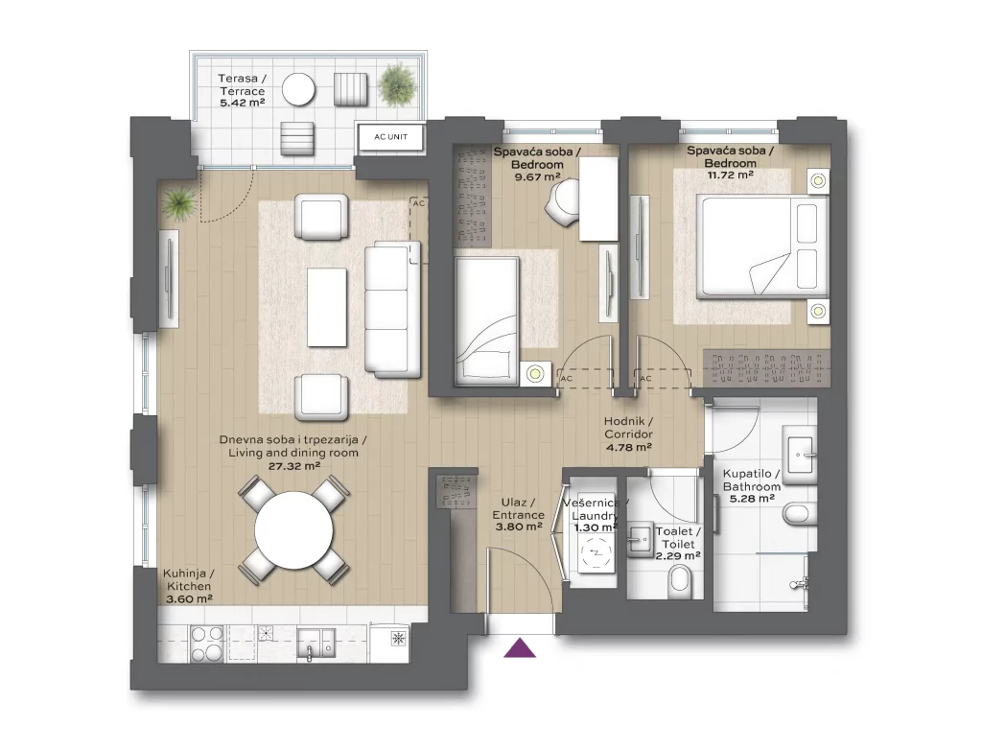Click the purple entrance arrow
tap(520, 648)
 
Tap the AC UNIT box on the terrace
tap(391, 136)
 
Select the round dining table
tap(293, 529)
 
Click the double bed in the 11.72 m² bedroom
tap(764, 245)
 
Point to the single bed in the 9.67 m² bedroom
tap(487, 319)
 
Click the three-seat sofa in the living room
tap(392, 310)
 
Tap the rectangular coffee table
tap(326, 307)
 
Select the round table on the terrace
tap(298, 90)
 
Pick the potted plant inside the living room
tap(179, 202)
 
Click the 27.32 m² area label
tap(294, 466)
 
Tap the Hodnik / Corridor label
tap(628, 428)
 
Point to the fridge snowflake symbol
tap(397, 639)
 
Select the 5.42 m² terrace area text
tap(242, 103)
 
